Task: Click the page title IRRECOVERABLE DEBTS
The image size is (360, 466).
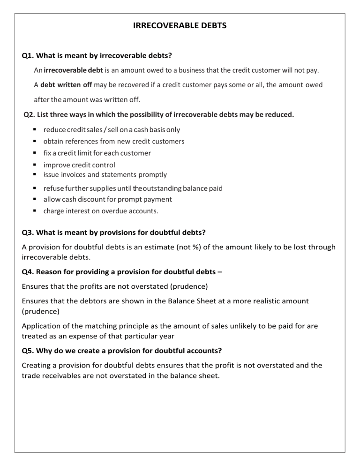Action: (x=180, y=26)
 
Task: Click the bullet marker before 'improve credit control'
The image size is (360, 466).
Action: (x=36, y=165)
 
